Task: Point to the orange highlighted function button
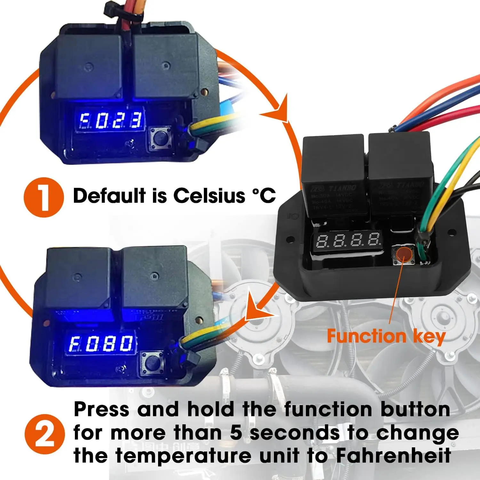(x=404, y=254)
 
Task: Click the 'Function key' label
(x=386, y=337)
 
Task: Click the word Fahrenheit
(x=393, y=456)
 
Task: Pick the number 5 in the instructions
(x=236, y=433)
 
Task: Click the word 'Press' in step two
(x=101, y=410)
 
